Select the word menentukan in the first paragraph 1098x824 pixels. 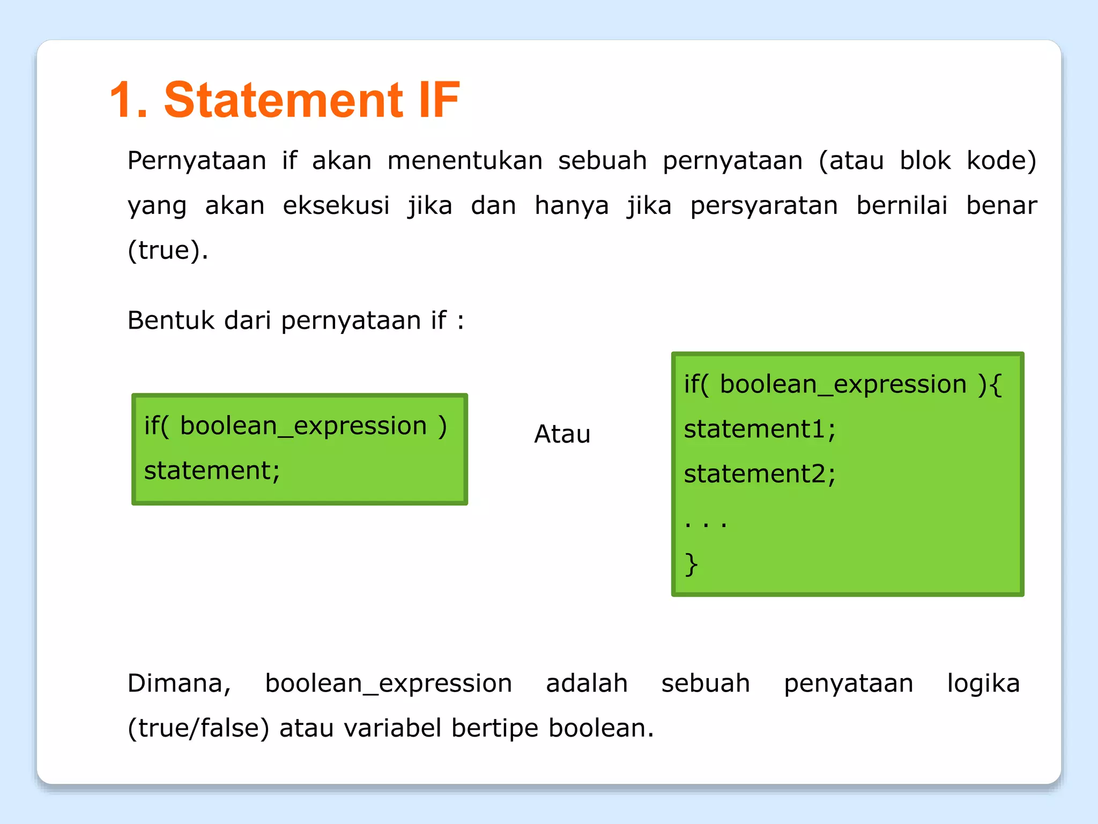[x=465, y=161]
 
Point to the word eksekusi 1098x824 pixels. [x=336, y=205]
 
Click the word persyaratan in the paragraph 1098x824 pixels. [x=763, y=205]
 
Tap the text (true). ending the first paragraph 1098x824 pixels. [x=168, y=250]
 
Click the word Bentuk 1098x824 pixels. [x=171, y=320]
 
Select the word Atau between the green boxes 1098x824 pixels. [x=562, y=434]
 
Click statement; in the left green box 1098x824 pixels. [x=212, y=471]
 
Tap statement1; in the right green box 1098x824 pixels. [x=759, y=429]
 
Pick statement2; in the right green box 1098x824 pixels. [x=759, y=474]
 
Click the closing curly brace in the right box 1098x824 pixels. [x=691, y=564]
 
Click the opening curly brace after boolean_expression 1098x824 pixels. [x=996, y=385]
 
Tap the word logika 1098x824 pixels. [x=983, y=684]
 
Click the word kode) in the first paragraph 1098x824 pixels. [x=1001, y=161]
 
